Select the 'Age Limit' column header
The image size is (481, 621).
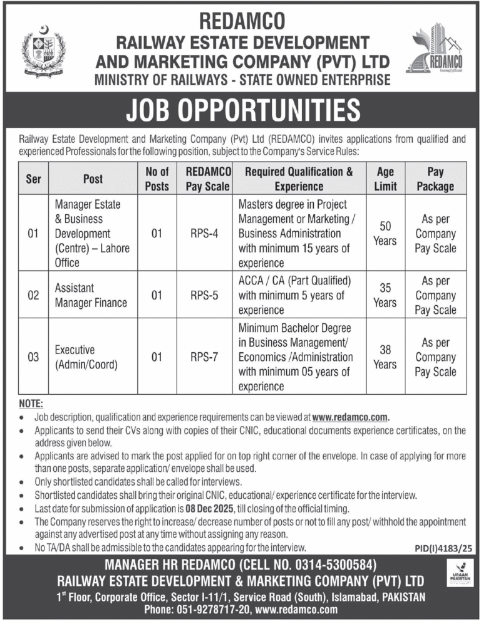[x=385, y=178]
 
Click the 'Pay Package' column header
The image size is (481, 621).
[x=435, y=178]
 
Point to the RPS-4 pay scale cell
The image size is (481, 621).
[x=204, y=234]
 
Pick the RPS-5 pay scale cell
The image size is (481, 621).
[x=204, y=295]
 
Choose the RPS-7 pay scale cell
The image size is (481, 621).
[x=204, y=357]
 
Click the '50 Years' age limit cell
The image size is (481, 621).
[x=385, y=234]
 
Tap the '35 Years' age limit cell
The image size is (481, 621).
[x=385, y=295]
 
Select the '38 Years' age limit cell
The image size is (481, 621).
[x=385, y=357]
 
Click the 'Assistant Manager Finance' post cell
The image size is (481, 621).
[x=91, y=295]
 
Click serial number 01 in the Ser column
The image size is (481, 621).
[x=33, y=234]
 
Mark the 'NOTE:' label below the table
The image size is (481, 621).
[x=31, y=405]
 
